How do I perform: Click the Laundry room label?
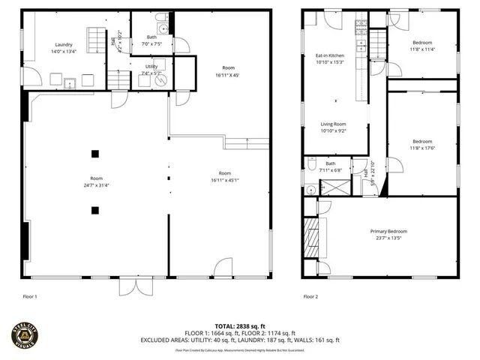click(63, 45)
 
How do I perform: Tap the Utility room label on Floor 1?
click(151, 67)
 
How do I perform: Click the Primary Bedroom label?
click(387, 232)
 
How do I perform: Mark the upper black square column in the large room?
click(94, 154)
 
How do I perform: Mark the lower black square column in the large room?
click(94, 210)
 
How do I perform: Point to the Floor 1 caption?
click(30, 297)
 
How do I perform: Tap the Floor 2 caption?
click(311, 297)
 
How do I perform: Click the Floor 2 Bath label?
click(330, 163)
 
